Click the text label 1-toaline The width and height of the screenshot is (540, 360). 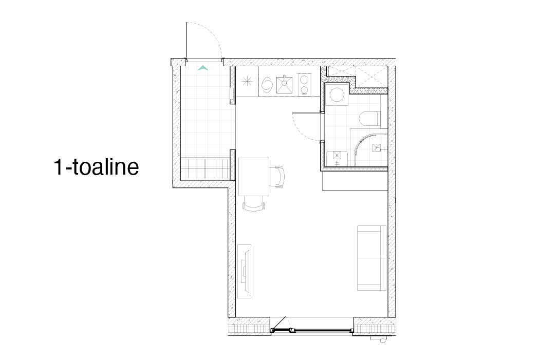coord(97,167)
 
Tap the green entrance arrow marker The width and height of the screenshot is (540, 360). coord(203,68)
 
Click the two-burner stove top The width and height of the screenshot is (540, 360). coord(304,85)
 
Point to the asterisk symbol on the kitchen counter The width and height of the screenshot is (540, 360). coord(247,82)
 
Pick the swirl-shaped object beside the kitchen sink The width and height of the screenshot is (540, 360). coord(267,85)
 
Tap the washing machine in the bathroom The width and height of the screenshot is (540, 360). coord(337,94)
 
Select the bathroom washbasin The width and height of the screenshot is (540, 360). coord(337,159)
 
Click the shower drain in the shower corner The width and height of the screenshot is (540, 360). coord(378,149)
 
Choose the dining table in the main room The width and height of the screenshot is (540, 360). coord(254,177)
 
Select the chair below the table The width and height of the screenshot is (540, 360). coord(254,203)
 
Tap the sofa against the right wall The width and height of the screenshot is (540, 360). coord(371,258)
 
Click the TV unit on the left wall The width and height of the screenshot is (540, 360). coord(244,271)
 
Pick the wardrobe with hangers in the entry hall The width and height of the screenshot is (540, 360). coord(205,168)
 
